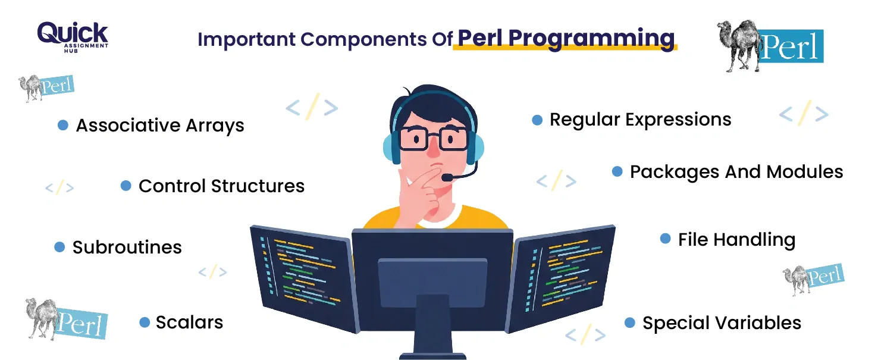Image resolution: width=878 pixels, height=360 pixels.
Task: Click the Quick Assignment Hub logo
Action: tap(73, 37)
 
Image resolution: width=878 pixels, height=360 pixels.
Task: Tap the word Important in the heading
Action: tap(246, 40)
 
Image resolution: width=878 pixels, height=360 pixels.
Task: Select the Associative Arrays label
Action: tap(160, 126)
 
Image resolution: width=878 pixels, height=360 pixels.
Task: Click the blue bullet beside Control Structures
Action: tap(126, 186)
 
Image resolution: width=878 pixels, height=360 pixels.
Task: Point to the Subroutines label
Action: tap(127, 247)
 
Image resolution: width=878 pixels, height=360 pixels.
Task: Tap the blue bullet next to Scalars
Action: tap(145, 323)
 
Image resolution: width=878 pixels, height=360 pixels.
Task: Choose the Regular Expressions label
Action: tap(641, 120)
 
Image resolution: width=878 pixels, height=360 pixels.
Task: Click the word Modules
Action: tap(805, 172)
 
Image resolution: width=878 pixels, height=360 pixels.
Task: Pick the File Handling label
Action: tap(737, 240)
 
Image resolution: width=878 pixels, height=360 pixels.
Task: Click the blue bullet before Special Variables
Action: tap(629, 323)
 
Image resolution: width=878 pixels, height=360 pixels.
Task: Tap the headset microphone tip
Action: tap(447, 178)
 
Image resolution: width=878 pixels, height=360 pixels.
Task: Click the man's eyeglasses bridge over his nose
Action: tap(433, 136)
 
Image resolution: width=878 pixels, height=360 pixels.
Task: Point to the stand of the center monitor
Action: tap(432, 326)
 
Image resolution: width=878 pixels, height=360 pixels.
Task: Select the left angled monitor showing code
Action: tap(304, 279)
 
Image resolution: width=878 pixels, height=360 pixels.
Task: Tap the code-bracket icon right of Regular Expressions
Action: tap(804, 113)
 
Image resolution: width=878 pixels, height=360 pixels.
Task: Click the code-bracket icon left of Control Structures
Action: tap(59, 188)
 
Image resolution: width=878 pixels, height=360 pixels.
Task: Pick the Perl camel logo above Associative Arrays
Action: tap(46, 88)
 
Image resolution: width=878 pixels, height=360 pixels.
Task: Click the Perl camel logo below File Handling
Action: tap(813, 279)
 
